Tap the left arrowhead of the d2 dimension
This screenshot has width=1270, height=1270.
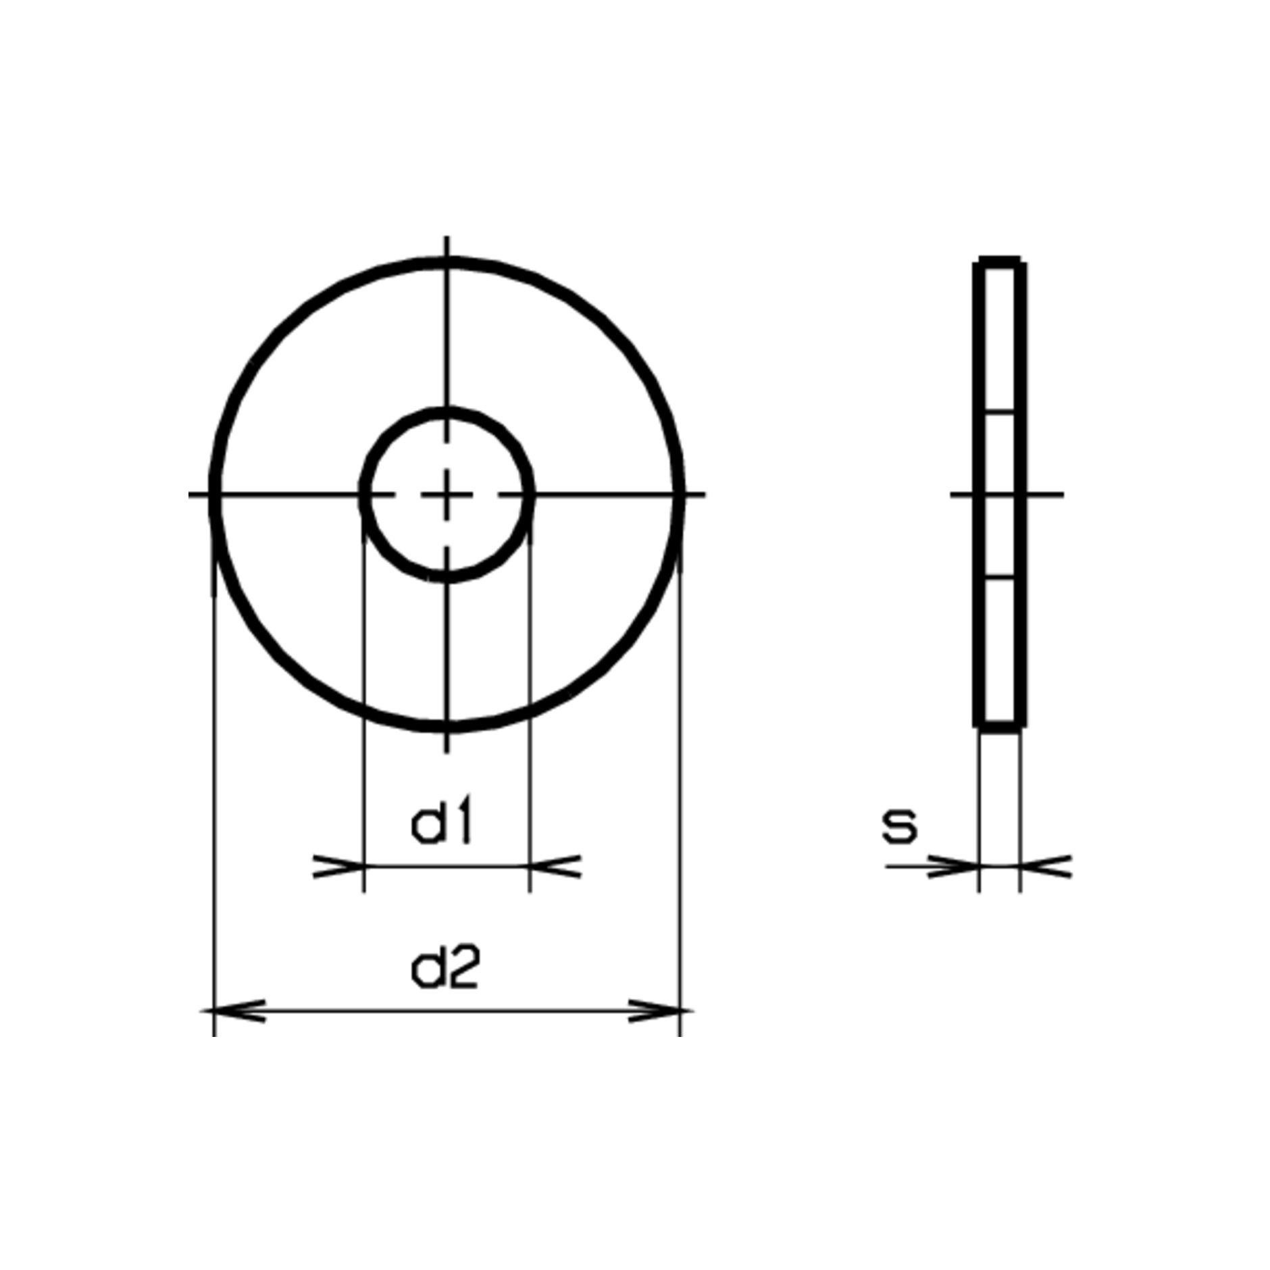click(234, 1011)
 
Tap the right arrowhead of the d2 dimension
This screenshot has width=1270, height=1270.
click(661, 1011)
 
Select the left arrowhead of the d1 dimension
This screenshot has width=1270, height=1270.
click(338, 866)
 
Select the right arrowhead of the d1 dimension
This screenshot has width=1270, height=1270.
click(555, 866)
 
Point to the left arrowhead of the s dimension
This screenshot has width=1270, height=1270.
click(953, 866)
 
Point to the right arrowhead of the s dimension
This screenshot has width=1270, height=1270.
click(1045, 866)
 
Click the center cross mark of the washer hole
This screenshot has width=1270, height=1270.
click(446, 494)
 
